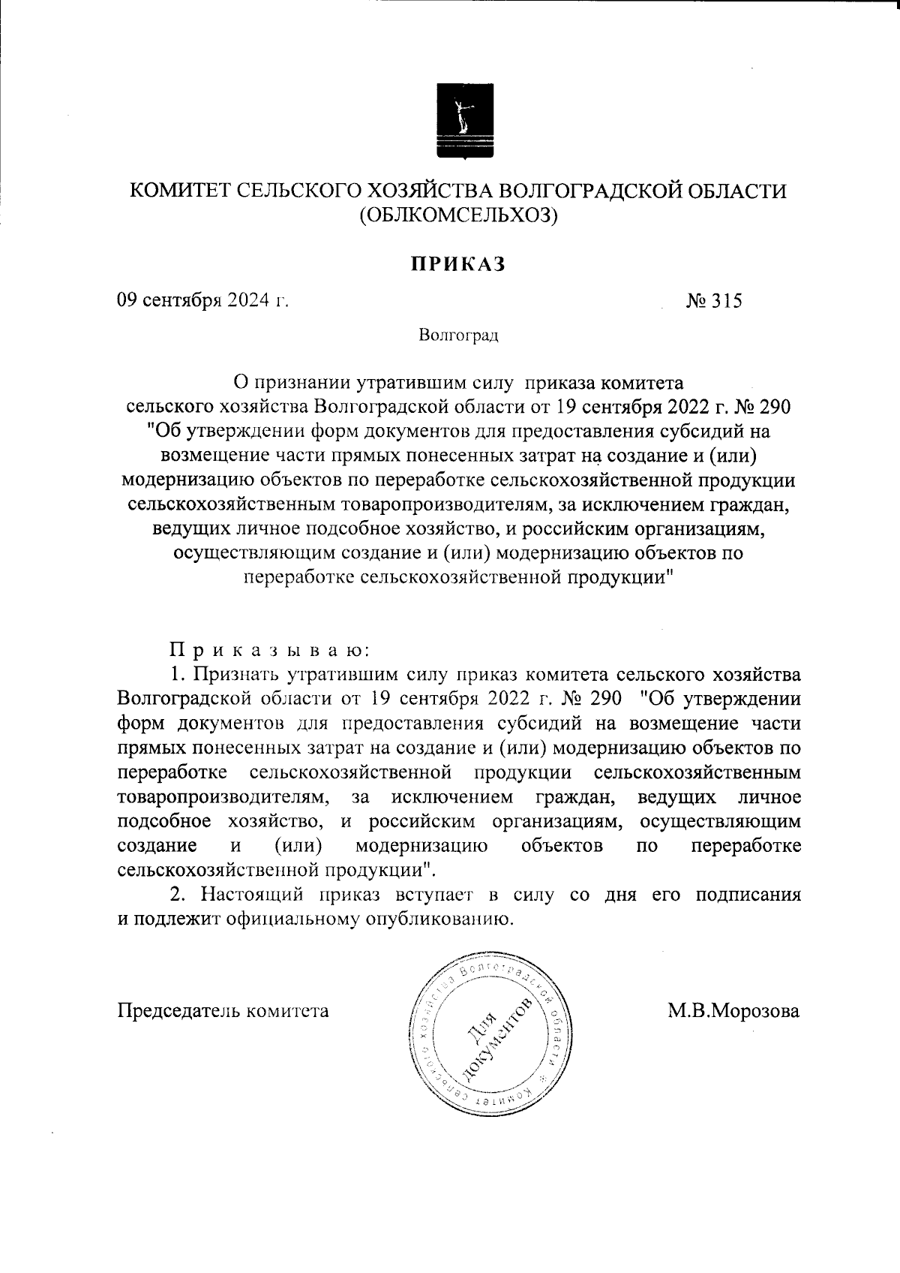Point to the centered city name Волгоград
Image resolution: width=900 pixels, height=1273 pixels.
459,335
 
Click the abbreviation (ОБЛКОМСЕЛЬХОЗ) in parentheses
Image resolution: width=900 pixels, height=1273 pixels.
459,216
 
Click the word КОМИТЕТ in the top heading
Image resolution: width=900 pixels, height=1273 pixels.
179,191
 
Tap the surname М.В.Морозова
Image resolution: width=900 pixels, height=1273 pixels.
734,1010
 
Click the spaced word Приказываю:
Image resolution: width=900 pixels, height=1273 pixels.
265,647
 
